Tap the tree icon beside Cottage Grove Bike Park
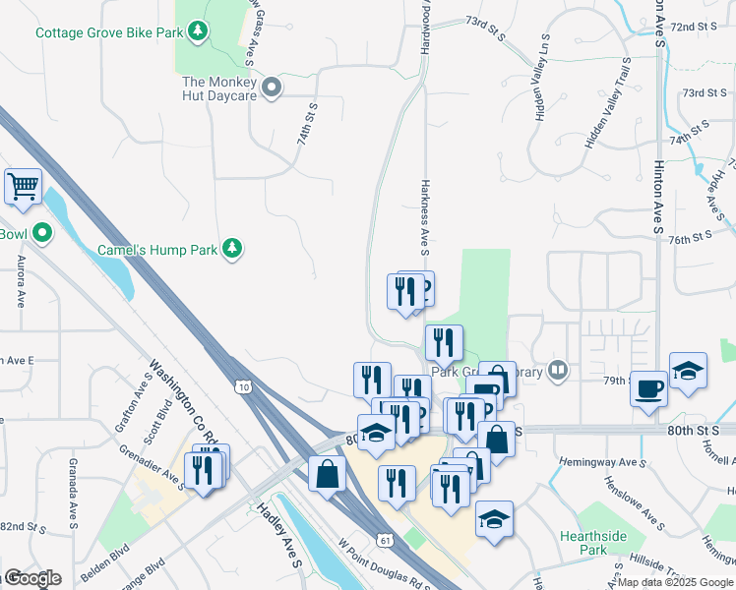(198, 32)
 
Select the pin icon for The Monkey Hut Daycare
(275, 88)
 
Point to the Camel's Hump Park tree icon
(232, 249)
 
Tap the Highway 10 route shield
(242, 387)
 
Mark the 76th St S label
(690, 237)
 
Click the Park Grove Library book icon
(559, 371)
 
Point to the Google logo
(32, 578)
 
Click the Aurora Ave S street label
(20, 282)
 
